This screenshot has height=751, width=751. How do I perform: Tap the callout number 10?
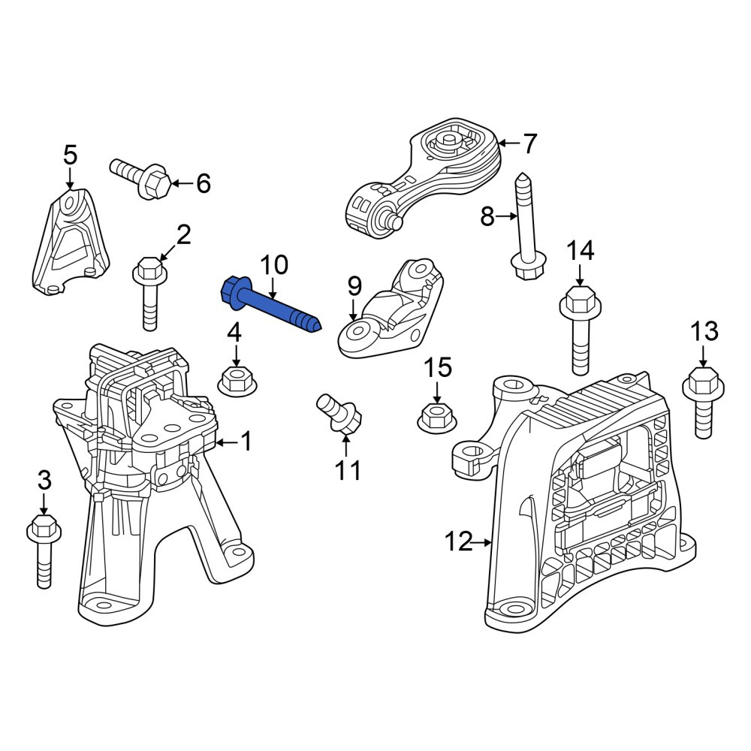point(274,265)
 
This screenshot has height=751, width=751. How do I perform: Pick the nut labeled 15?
point(437,418)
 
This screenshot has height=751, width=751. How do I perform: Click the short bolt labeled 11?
point(339,412)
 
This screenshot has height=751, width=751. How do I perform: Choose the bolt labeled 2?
point(150,291)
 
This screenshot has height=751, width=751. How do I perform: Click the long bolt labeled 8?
point(525,227)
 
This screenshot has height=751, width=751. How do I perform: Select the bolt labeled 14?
point(581,330)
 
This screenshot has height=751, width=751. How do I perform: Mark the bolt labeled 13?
point(703,401)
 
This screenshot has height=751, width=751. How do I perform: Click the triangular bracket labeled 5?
point(71,242)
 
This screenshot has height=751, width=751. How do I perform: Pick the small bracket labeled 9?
point(391,311)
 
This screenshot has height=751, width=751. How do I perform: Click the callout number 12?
point(458,541)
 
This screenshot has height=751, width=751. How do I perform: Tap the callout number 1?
point(246,441)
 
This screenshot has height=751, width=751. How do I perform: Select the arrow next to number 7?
point(508,143)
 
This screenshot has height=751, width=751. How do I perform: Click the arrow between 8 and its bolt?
point(507,216)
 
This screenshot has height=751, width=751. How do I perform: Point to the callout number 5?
point(70,155)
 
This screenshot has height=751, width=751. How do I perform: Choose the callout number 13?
point(704,331)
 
